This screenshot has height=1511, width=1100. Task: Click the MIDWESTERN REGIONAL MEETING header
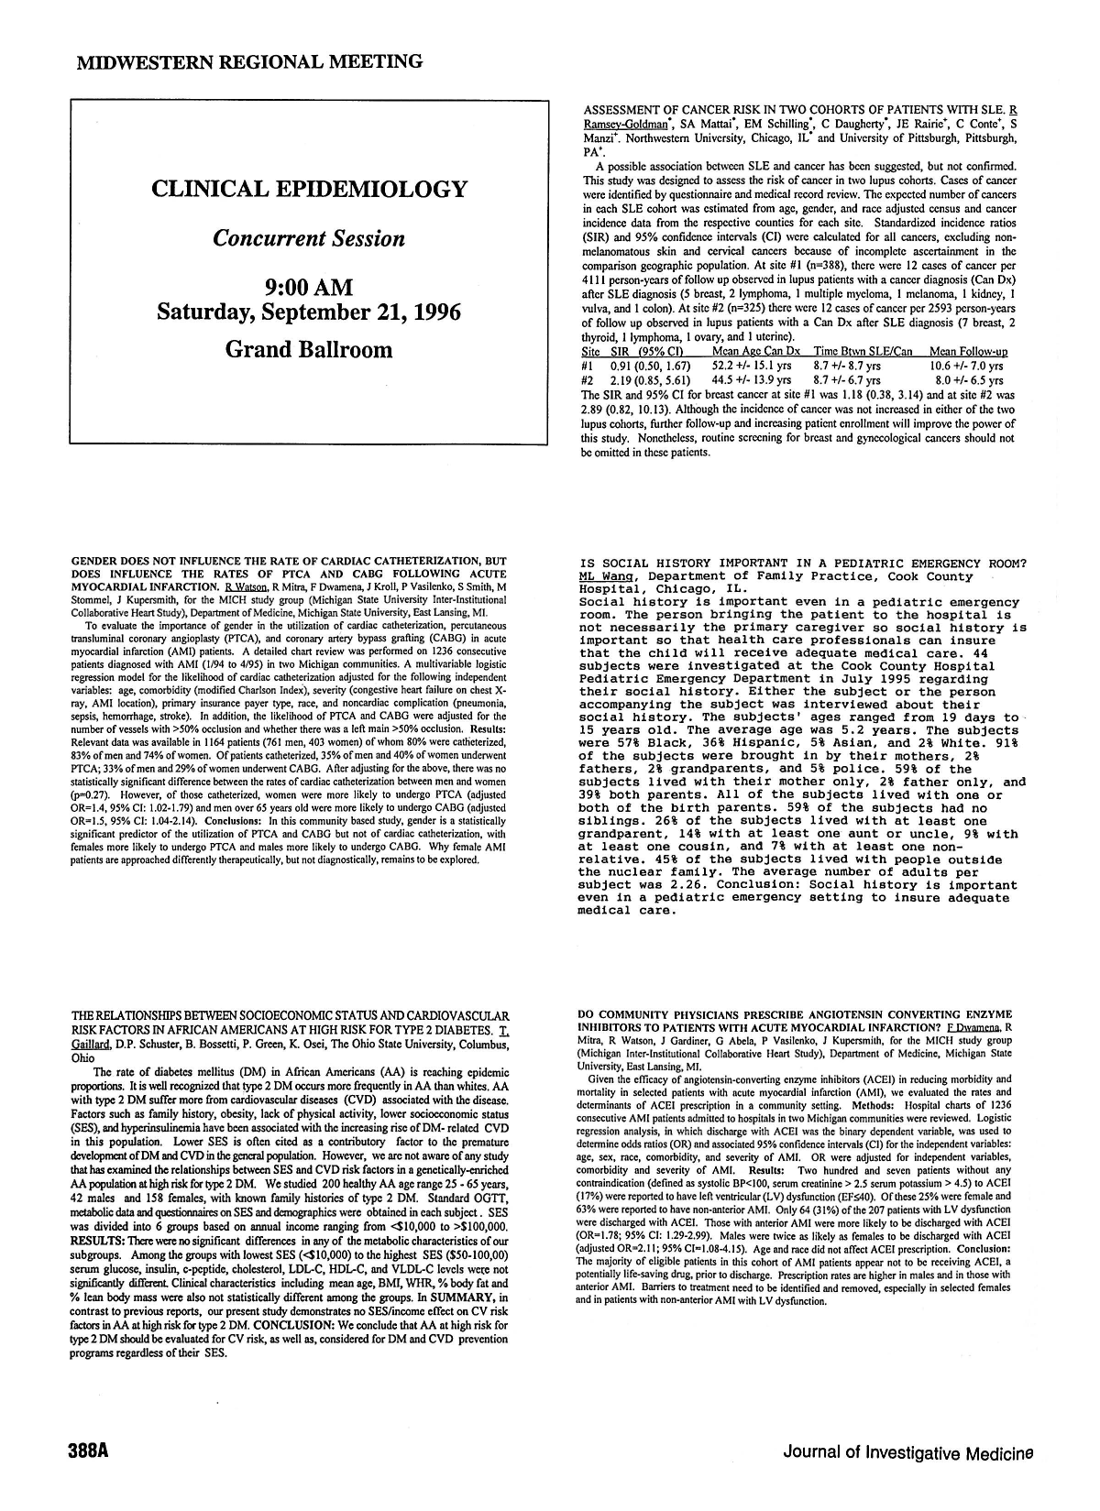click(x=249, y=61)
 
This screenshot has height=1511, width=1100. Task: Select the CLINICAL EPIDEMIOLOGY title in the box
click(x=310, y=190)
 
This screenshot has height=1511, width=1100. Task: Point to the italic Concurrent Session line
click(x=309, y=238)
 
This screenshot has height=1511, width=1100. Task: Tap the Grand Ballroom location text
click(x=309, y=349)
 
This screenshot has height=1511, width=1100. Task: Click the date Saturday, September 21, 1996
click(x=309, y=312)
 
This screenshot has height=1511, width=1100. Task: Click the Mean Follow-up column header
click(x=967, y=352)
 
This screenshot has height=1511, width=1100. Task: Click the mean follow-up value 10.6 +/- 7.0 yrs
click(x=966, y=366)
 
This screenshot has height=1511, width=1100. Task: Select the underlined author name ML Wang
click(x=608, y=576)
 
